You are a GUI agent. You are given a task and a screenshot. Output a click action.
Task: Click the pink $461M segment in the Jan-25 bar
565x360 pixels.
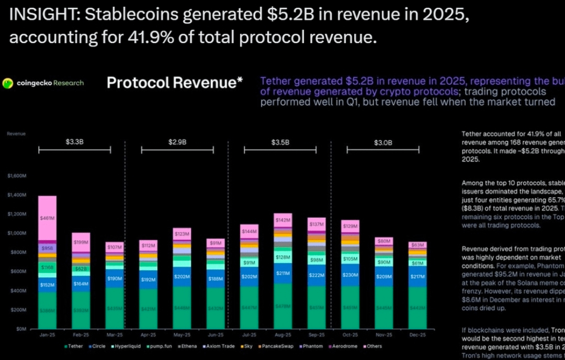(x=47, y=216)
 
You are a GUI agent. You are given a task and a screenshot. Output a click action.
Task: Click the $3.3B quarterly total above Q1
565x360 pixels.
(x=75, y=141)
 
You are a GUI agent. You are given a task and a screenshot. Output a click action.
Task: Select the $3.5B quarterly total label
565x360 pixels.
(x=280, y=141)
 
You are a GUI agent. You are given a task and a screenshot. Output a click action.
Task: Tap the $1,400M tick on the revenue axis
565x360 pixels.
(x=17, y=195)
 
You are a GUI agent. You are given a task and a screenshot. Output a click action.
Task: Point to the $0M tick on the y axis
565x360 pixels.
(x=20, y=329)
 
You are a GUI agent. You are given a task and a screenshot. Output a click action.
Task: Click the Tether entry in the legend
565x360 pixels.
(x=73, y=346)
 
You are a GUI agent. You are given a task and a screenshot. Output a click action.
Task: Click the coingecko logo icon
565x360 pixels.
(x=8, y=83)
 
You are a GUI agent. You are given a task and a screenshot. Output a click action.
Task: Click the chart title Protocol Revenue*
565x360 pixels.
(x=174, y=83)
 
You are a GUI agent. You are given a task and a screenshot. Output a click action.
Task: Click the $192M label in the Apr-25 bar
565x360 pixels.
(x=149, y=279)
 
